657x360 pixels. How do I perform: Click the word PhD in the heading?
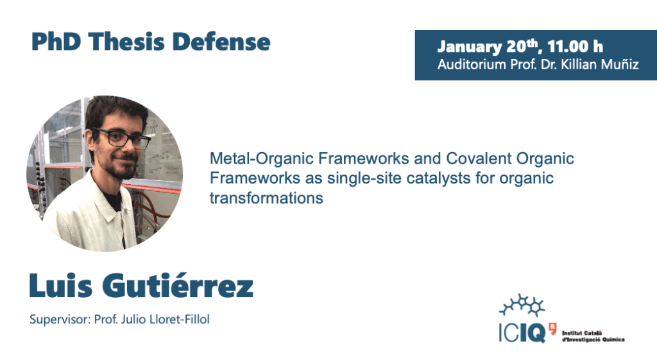coord(56,42)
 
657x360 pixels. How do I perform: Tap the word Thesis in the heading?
coord(126,42)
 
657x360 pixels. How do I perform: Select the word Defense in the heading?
coord(221,42)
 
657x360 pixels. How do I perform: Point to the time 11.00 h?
coord(575,46)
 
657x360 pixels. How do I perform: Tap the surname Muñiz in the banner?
coord(620,65)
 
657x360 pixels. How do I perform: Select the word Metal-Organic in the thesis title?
coord(262,159)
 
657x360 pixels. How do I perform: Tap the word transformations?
coord(266,198)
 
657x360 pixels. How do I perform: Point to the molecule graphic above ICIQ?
coord(522,305)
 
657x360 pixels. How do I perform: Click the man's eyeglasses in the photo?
coord(121,138)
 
